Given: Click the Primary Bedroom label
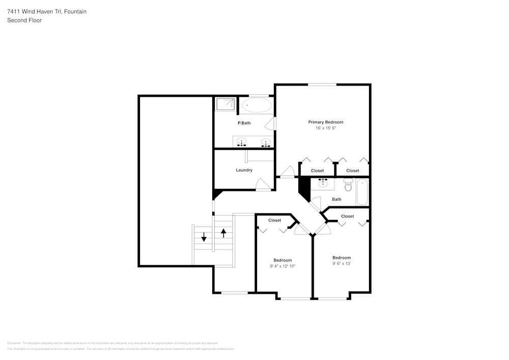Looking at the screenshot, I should pyautogui.click(x=326, y=122).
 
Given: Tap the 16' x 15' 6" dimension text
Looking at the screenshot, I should pyautogui.click(x=326, y=128).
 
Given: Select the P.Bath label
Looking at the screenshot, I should pyautogui.click(x=244, y=123).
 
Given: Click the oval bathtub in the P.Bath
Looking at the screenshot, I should pyautogui.click(x=257, y=106).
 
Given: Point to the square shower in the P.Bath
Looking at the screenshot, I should pyautogui.click(x=225, y=104).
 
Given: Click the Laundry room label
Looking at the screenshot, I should pyautogui.click(x=244, y=170).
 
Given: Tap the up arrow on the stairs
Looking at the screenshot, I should pyautogui.click(x=223, y=233).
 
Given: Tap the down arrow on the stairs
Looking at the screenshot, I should pyautogui.click(x=204, y=237).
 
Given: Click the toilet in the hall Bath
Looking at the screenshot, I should pyautogui.click(x=348, y=186).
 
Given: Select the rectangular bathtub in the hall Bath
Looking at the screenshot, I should pyautogui.click(x=362, y=192).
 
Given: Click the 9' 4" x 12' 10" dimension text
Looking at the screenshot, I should pyautogui.click(x=282, y=266).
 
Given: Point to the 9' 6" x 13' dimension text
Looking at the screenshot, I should pyautogui.click(x=342, y=264).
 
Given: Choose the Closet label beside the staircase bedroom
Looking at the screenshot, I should pyautogui.click(x=275, y=220).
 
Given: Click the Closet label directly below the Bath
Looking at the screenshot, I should pyautogui.click(x=348, y=216).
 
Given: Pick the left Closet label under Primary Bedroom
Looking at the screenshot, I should pyautogui.click(x=317, y=171).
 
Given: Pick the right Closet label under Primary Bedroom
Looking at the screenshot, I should pyautogui.click(x=353, y=171).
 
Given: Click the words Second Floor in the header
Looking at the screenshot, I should pyautogui.click(x=24, y=20).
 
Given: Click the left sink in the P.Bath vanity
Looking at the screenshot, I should pyautogui.click(x=242, y=142).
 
